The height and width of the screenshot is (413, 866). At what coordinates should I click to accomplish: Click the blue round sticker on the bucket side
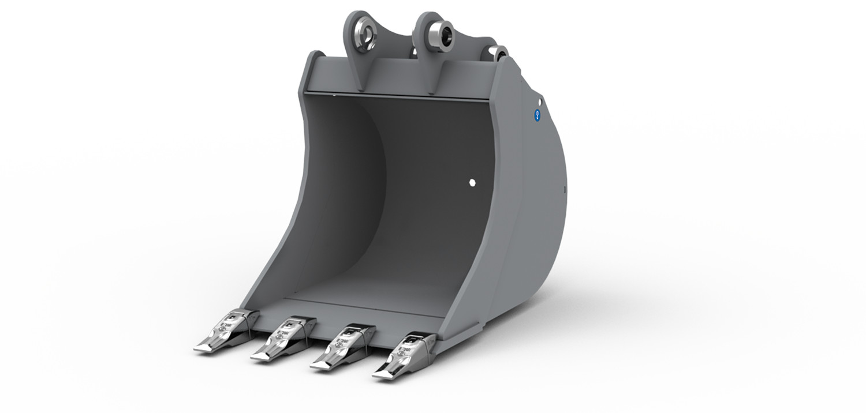[x=537, y=115]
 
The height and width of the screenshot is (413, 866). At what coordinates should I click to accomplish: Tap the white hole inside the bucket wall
[x=472, y=183]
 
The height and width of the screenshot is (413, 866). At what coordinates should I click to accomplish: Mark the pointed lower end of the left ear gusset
[x=362, y=89]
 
